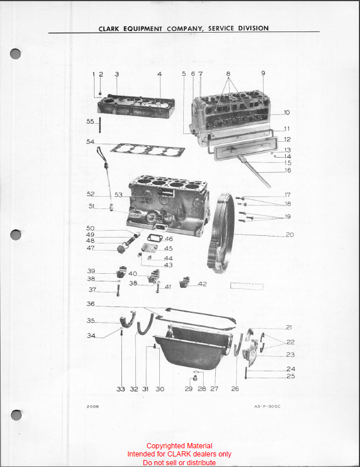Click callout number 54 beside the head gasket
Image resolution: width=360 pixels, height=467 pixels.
pos(90,141)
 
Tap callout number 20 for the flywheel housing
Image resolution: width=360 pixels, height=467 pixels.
pos(289,235)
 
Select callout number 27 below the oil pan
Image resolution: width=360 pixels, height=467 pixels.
pos(214,389)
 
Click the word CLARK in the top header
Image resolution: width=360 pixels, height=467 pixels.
pos(109,29)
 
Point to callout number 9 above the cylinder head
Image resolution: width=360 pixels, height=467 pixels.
pos(263,73)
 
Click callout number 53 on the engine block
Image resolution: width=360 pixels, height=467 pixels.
pos(118,195)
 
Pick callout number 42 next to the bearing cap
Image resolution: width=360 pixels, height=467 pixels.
pos(202,284)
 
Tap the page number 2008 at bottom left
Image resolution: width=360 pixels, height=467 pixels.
pos(93,406)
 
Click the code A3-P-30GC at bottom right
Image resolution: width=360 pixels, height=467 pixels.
pos(267,406)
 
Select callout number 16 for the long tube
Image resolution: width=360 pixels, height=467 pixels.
pos(288,170)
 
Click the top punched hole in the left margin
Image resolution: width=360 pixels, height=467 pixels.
pos(16,54)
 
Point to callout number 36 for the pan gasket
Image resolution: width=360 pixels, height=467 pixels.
pos(90,304)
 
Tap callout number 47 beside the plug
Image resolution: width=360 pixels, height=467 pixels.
pos(90,248)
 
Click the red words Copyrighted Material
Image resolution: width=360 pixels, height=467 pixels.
pos(179,446)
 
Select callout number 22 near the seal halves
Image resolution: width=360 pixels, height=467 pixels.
pos(291,342)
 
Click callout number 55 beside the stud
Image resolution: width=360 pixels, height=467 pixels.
pos(90,121)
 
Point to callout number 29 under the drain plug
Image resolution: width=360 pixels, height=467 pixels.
pos(188,389)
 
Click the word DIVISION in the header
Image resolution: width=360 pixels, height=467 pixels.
pos(253,28)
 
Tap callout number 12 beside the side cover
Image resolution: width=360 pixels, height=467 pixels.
pos(287,140)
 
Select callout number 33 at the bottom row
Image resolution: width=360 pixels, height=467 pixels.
pos(121,389)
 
